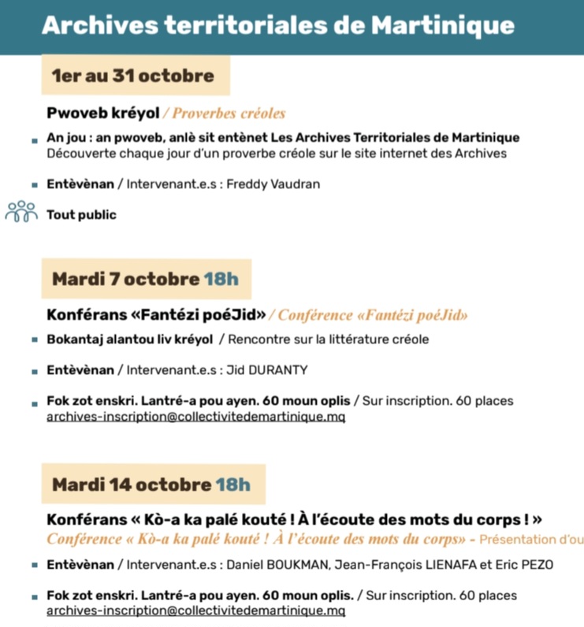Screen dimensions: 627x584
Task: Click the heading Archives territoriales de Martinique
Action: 277,25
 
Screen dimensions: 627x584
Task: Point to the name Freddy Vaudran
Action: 273,184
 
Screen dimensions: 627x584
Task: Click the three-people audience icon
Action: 21,212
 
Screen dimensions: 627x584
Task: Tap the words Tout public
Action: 81,214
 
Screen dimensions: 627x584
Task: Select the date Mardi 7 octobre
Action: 125,279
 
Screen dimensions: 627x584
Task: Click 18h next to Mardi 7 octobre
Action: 221,279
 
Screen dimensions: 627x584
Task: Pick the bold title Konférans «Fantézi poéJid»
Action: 157,315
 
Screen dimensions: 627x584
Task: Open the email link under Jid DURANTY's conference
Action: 195,416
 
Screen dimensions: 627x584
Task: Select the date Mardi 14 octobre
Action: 132,484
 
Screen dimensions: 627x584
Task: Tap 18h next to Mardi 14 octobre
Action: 232,484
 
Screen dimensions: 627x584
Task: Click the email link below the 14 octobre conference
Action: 195,610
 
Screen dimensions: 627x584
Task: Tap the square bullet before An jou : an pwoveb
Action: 35,140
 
